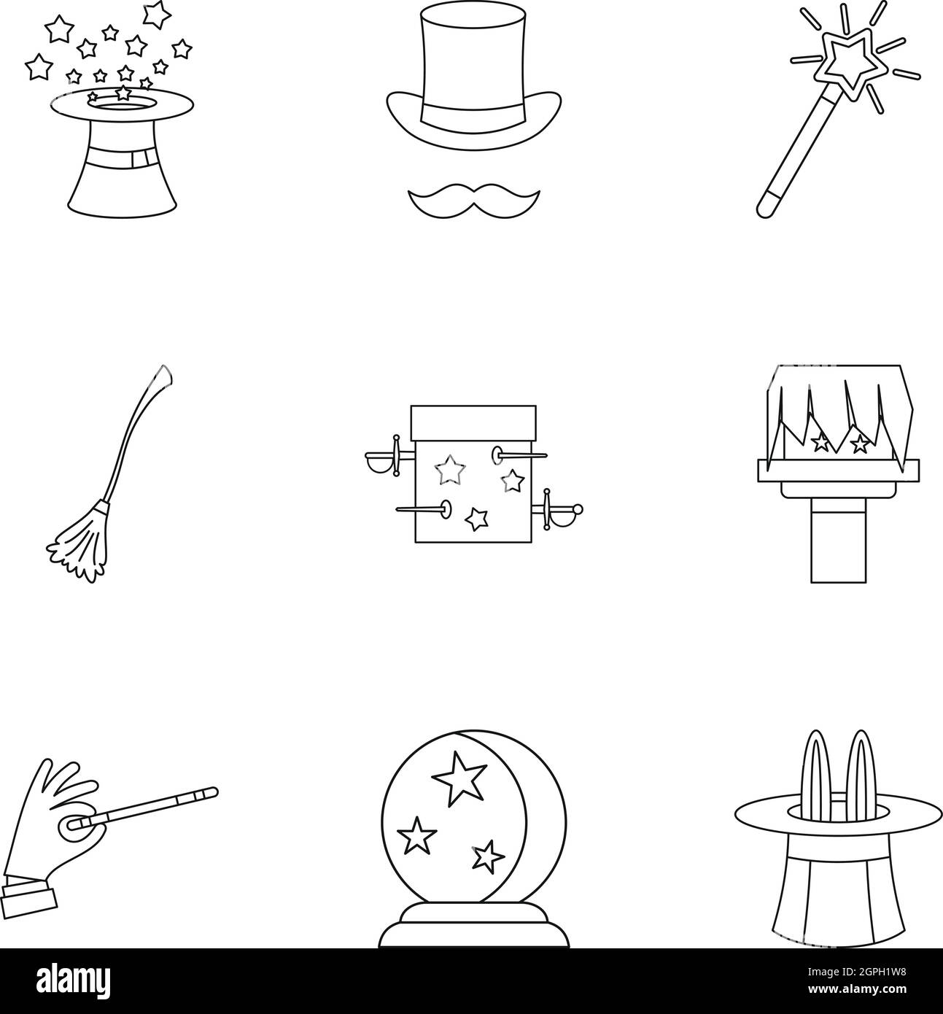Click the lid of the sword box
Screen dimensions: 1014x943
click(474, 422)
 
